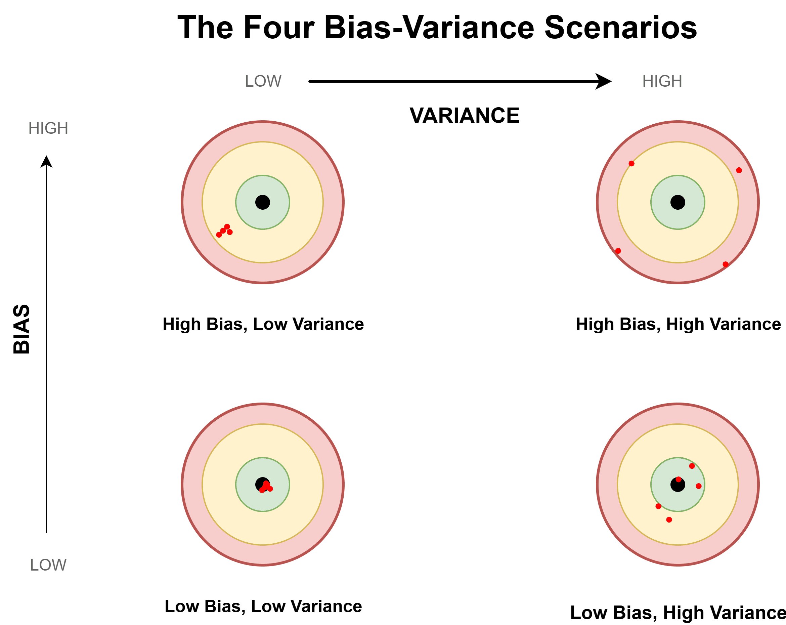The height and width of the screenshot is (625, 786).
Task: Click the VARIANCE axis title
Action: click(x=465, y=116)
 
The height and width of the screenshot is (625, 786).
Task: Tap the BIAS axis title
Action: click(x=21, y=329)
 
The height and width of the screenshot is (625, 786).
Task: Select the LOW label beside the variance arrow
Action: click(x=263, y=81)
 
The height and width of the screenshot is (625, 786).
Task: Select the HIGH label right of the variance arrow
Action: click(x=662, y=81)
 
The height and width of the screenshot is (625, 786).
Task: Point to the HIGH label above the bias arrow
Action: click(x=48, y=128)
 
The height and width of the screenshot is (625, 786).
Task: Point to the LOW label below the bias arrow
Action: click(x=48, y=565)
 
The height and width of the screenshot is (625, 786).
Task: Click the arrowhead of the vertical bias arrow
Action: click(x=46, y=162)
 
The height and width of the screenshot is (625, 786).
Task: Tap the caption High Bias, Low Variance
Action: click(x=263, y=324)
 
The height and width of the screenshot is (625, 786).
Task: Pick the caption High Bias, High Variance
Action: click(x=678, y=324)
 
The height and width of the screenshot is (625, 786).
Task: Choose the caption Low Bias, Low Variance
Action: click(x=263, y=606)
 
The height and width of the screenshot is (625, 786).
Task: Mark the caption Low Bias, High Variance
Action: click(x=678, y=612)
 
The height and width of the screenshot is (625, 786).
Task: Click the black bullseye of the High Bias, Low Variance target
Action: click(x=262, y=202)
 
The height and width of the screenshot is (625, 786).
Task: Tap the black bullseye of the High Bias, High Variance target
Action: click(x=678, y=202)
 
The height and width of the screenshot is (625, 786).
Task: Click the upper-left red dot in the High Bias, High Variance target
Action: click(x=631, y=164)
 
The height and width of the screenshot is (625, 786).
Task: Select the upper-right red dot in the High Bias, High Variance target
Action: click(x=739, y=170)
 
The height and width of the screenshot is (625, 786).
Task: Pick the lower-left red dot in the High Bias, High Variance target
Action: click(x=618, y=251)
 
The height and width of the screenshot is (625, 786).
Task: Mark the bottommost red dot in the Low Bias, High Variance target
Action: click(x=669, y=519)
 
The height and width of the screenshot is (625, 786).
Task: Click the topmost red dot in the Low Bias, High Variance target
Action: click(x=692, y=466)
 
